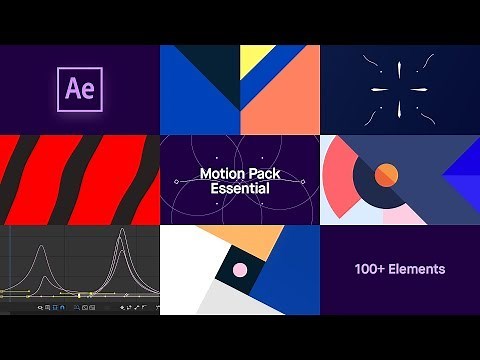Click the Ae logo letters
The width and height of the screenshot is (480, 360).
(79, 89)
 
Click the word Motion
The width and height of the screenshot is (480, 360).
(223, 173)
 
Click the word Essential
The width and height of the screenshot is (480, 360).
(240, 189)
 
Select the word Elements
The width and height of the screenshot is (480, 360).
(417, 269)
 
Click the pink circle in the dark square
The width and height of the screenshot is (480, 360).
(240, 269)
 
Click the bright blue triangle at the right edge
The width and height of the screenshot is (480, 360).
(462, 180)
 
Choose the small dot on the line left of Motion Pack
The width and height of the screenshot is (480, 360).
(176, 181)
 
